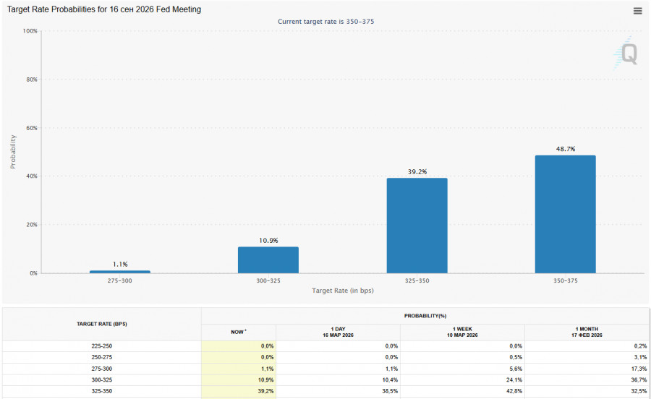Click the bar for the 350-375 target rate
tap(565, 214)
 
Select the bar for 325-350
tap(417, 226)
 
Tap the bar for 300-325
tap(268, 259)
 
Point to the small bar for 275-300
tap(120, 272)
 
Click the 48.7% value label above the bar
tap(565, 149)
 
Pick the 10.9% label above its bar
tap(268, 240)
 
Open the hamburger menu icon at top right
tap(637, 11)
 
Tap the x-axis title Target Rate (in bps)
tap(343, 291)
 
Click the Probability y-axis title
tap(13, 152)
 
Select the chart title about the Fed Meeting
tap(104, 9)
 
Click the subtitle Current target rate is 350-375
tap(325, 22)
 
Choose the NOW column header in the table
tap(238, 332)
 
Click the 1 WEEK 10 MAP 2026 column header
tap(462, 332)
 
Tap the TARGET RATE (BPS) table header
tap(102, 324)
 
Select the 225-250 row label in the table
tap(102, 346)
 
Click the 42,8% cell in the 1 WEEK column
tap(511, 391)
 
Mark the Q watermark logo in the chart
tap(628, 54)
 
